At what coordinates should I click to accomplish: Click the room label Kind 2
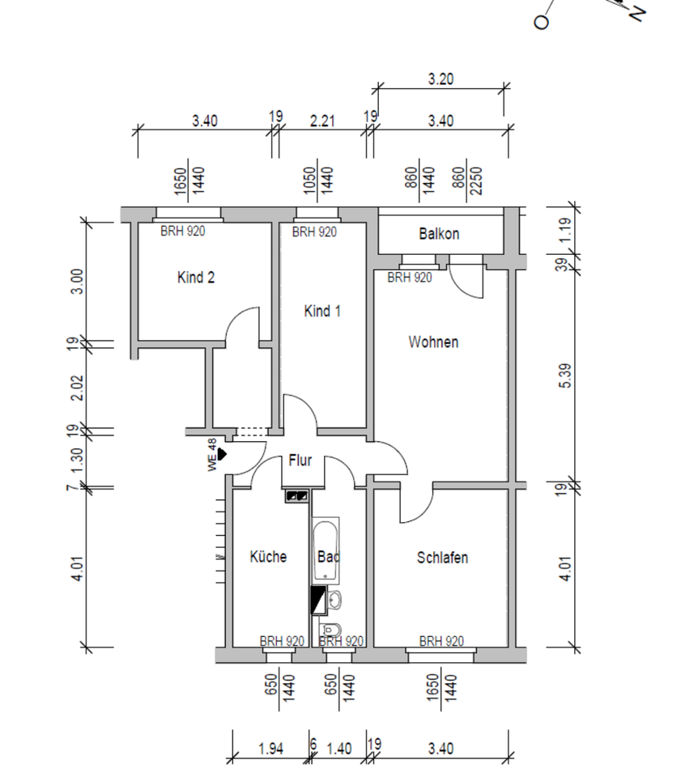coord(196,278)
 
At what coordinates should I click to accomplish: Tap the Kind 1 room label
coord(321,311)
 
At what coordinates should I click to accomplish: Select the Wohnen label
coord(433,342)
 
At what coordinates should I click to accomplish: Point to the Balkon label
coord(439,234)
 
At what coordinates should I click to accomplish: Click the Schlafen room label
coord(442,558)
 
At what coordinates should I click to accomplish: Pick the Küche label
coord(268,557)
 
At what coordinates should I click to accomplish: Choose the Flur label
coord(300,461)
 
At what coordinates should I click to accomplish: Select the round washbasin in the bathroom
coord(334,600)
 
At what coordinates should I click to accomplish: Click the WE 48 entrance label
coord(212,455)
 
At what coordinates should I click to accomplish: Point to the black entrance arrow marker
coord(222,455)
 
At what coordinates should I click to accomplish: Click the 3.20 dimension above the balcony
coord(440,79)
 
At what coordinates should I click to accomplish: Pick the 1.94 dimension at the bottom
coord(270,749)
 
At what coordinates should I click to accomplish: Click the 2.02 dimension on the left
coord(78,387)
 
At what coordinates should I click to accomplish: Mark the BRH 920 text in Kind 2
coord(182,231)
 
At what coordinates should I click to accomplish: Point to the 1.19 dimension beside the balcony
coord(566,230)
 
